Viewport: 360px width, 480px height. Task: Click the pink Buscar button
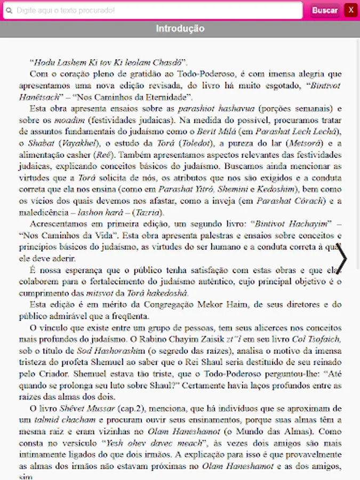(325, 10)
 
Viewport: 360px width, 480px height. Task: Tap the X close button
(350, 10)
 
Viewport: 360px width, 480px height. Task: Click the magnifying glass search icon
(9, 11)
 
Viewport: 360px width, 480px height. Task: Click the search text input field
(155, 11)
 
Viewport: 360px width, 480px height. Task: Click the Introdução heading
(180, 29)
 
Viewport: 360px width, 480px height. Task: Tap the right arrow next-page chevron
(342, 259)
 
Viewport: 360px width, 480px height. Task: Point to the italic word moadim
(67, 120)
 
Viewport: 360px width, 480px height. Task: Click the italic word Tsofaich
(322, 339)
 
